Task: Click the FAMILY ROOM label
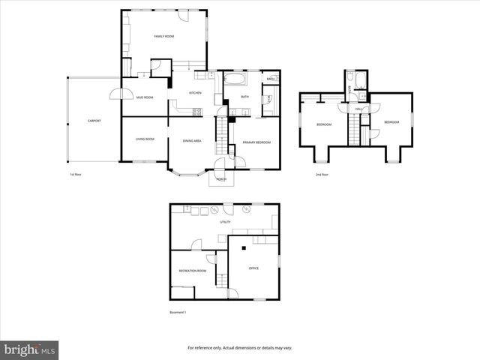click(164, 36)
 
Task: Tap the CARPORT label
click(94, 121)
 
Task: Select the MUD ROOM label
click(145, 97)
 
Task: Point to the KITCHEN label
click(195, 92)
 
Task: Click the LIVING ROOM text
click(145, 139)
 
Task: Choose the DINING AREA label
click(192, 141)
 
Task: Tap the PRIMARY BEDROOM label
click(257, 142)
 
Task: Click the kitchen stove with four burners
click(197, 112)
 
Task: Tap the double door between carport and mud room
click(116, 94)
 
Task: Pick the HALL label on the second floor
click(358, 109)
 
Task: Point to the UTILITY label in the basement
click(225, 222)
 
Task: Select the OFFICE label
click(253, 268)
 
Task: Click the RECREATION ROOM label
click(192, 271)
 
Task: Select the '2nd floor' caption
click(322, 175)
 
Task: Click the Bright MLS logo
click(30, 349)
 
